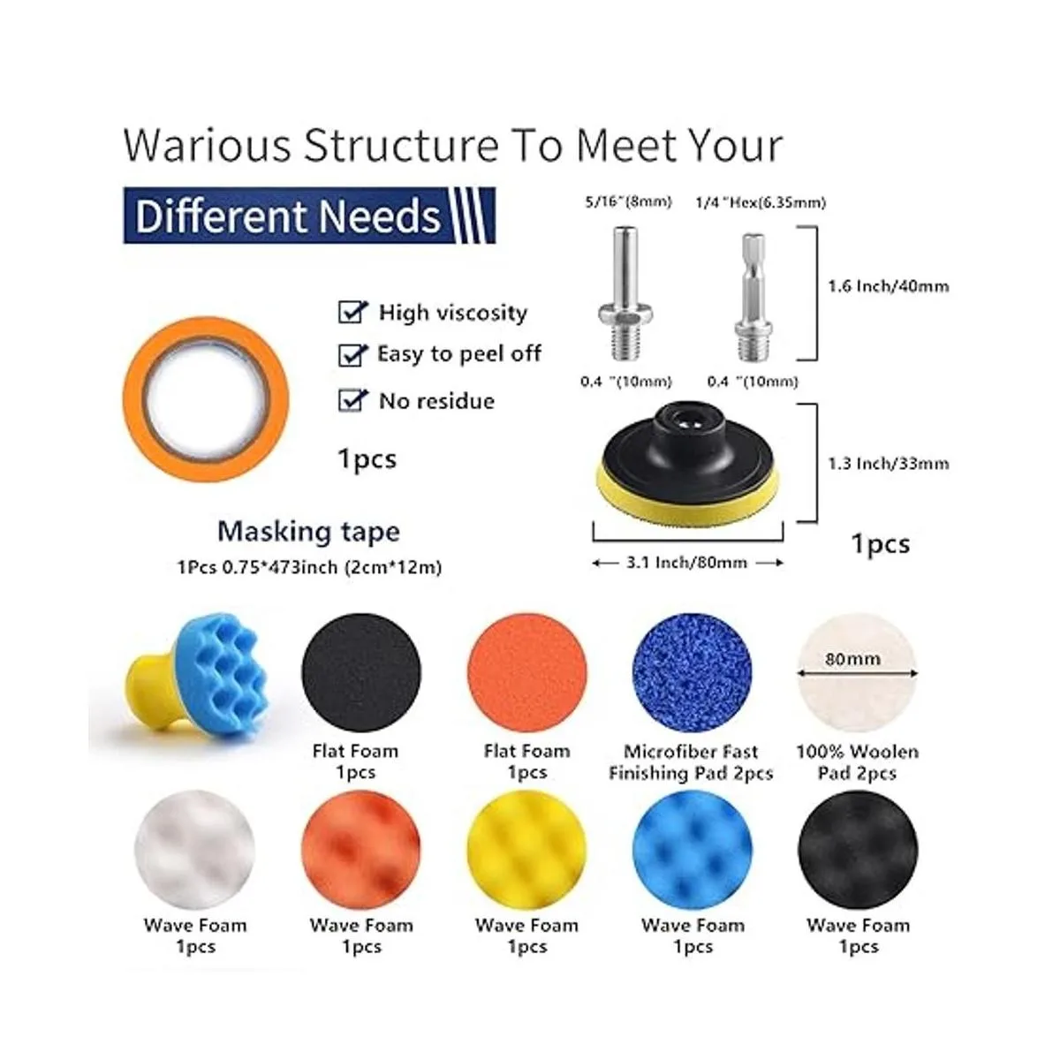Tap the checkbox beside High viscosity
(352, 312)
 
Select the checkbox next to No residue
(352, 400)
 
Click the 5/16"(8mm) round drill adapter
(625, 294)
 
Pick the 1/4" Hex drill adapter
(753, 296)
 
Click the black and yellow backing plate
(687, 463)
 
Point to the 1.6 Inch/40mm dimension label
(889, 286)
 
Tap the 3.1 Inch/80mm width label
(687, 562)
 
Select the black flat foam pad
(361, 672)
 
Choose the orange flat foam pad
(527, 672)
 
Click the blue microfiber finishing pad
(693, 672)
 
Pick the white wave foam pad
(194, 850)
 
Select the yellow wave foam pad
(527, 850)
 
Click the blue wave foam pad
(693, 850)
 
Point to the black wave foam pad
(858, 850)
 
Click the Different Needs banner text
(288, 216)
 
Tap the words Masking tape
(308, 532)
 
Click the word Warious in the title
(207, 145)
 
